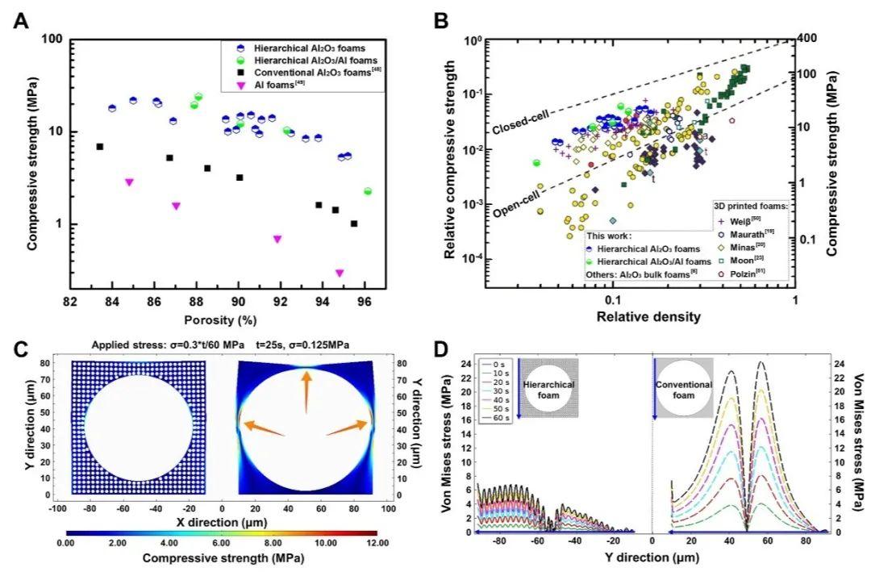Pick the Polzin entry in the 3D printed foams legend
click(x=744, y=274)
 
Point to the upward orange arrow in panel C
click(x=306, y=397)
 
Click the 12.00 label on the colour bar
click(x=374, y=545)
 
